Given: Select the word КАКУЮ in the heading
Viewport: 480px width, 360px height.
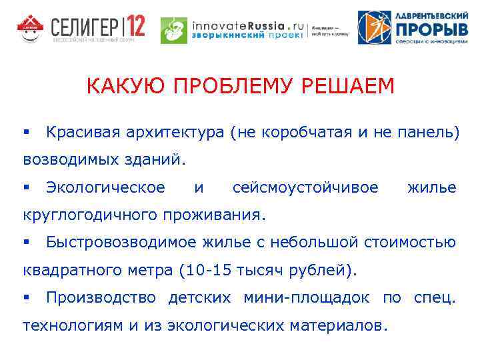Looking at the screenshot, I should pos(120,87).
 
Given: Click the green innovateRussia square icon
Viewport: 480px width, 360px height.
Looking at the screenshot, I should pos(173,29).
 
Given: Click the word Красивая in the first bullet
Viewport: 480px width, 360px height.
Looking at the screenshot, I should pos(84,132).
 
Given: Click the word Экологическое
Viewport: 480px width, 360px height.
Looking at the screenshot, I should pos(105,188).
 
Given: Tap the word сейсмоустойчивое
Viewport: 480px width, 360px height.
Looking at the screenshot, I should pos(305,188).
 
